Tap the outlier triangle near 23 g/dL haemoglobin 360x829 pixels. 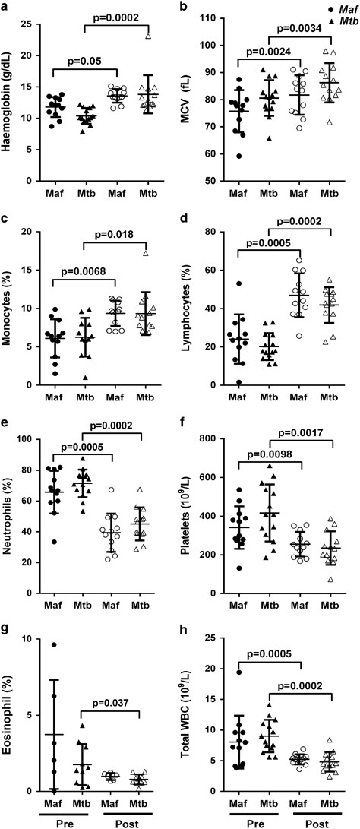coord(149,36)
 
